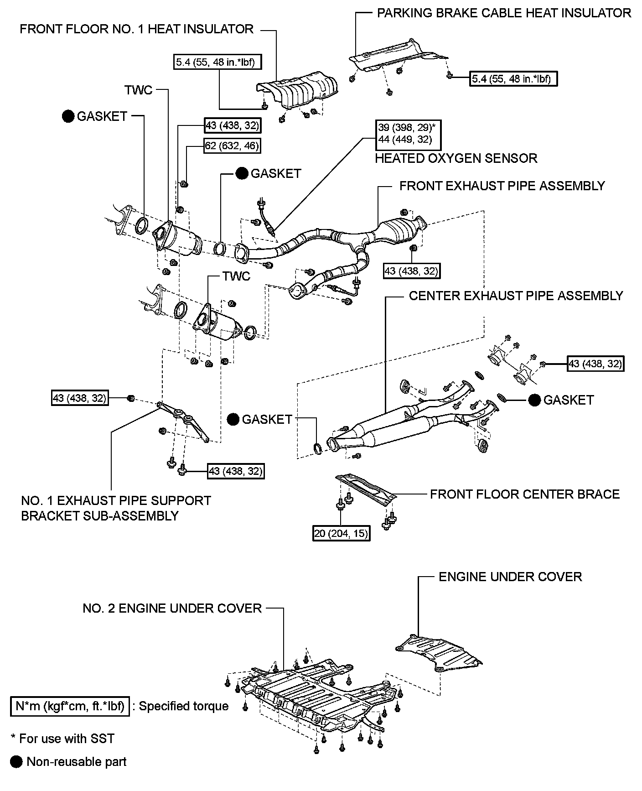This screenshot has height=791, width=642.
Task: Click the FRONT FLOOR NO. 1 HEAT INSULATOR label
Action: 136,30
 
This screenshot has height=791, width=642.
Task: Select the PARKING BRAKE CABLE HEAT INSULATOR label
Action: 504,13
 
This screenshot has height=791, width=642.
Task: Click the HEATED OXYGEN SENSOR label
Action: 456,158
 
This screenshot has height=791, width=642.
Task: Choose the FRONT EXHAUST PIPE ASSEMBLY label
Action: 502,186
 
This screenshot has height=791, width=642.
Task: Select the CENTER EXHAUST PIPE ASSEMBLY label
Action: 516,296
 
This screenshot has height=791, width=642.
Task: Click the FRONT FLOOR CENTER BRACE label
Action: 525,494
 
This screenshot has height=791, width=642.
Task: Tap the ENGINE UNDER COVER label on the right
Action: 510,577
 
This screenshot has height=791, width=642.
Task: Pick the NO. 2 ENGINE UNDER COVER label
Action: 172,608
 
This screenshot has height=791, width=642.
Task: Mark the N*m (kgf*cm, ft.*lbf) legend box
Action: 70,706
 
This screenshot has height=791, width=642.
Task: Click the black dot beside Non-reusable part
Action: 16,762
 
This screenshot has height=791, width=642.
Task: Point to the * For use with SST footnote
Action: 62,739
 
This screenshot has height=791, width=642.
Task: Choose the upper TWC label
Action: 139,90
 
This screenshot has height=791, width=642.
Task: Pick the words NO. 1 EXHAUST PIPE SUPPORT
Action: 116,500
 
